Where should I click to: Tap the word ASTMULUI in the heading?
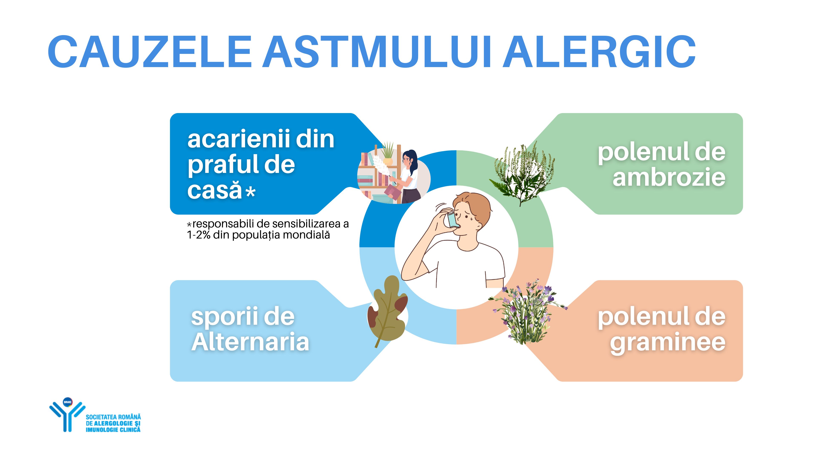tap(377, 52)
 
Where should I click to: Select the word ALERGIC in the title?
tap(599, 52)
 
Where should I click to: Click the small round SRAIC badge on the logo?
tap(68, 402)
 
